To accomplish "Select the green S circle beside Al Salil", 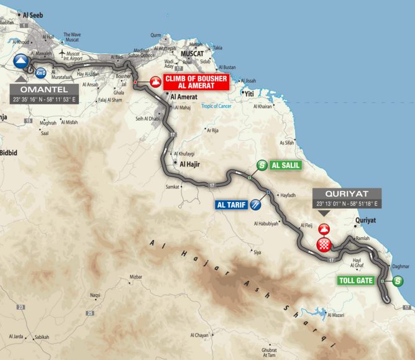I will click(262, 165).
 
